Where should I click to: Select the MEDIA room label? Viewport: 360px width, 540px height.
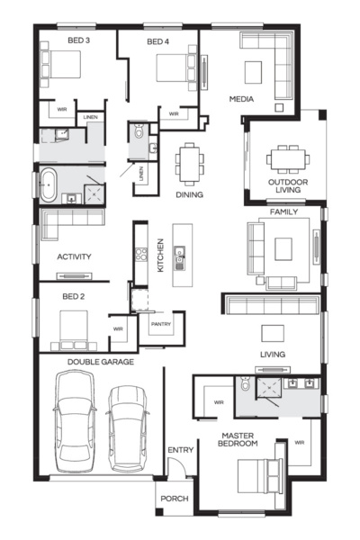pyautogui.click(x=241, y=98)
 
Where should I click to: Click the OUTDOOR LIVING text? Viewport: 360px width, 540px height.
pyautogui.click(x=287, y=185)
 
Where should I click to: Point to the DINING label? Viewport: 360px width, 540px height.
pyautogui.click(x=189, y=194)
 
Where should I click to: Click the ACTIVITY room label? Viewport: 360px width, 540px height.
pyautogui.click(x=74, y=256)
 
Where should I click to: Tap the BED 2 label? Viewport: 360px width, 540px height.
pyautogui.click(x=73, y=295)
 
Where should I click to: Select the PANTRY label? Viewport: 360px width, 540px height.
pyautogui.click(x=161, y=325)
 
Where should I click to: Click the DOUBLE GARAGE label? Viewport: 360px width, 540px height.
pyautogui.click(x=100, y=362)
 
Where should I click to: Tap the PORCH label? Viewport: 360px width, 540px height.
pyautogui.click(x=173, y=498)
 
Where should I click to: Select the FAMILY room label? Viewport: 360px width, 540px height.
pyautogui.click(x=283, y=211)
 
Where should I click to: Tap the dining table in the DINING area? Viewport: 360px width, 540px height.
pyautogui.click(x=189, y=165)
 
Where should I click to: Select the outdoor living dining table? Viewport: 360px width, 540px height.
pyautogui.click(x=287, y=158)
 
